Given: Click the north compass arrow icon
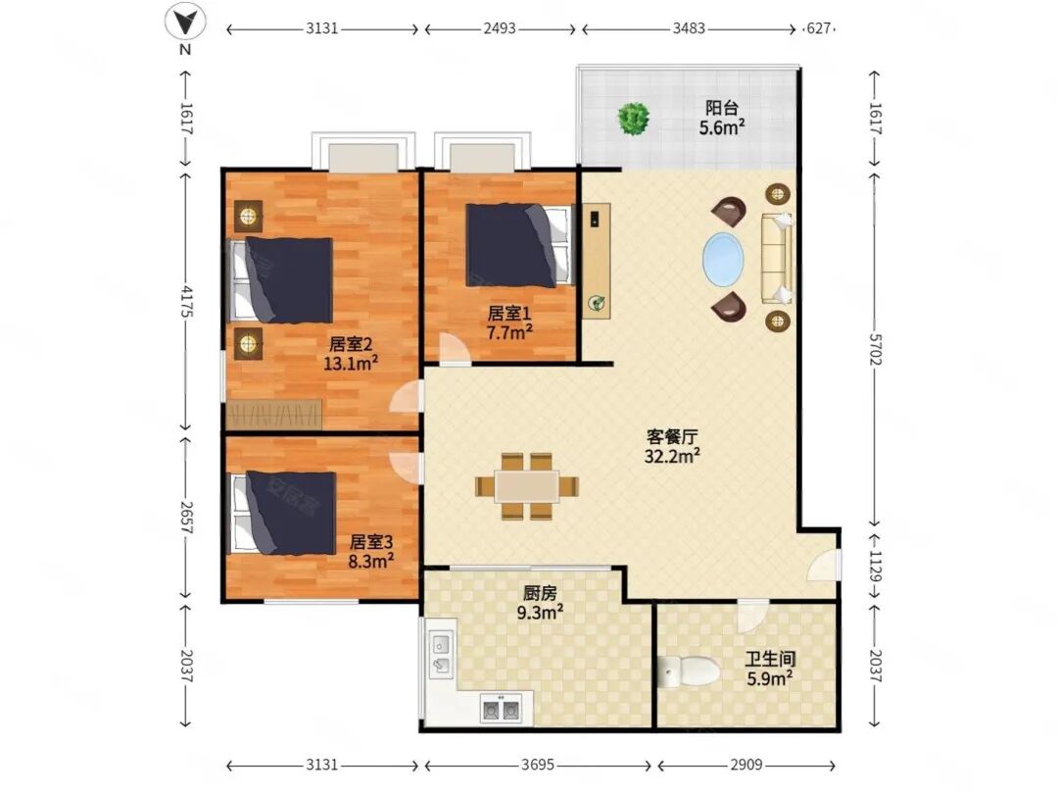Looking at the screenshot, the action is tap(185, 22).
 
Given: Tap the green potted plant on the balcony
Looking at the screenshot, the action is tap(634, 119).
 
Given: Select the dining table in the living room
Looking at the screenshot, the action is tap(527, 486).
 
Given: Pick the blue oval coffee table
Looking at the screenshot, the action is tap(723, 259).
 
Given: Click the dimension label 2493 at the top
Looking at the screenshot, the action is tap(500, 28).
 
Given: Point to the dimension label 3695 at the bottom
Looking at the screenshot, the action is tap(538, 765).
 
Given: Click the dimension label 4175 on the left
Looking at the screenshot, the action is tap(187, 302).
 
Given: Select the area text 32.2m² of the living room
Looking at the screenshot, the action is tap(671, 457).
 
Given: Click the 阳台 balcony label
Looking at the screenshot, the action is tap(721, 108).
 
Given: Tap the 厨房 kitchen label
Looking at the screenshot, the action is tap(540, 593).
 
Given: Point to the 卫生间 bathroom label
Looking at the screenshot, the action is tap(770, 659).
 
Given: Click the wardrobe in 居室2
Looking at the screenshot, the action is tap(274, 415).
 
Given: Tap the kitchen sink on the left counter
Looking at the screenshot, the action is tap(441, 655).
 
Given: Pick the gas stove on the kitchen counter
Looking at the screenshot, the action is tap(500, 710).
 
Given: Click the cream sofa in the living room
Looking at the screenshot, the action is tap(777, 259).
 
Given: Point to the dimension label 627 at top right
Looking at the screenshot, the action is tap(818, 28).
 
